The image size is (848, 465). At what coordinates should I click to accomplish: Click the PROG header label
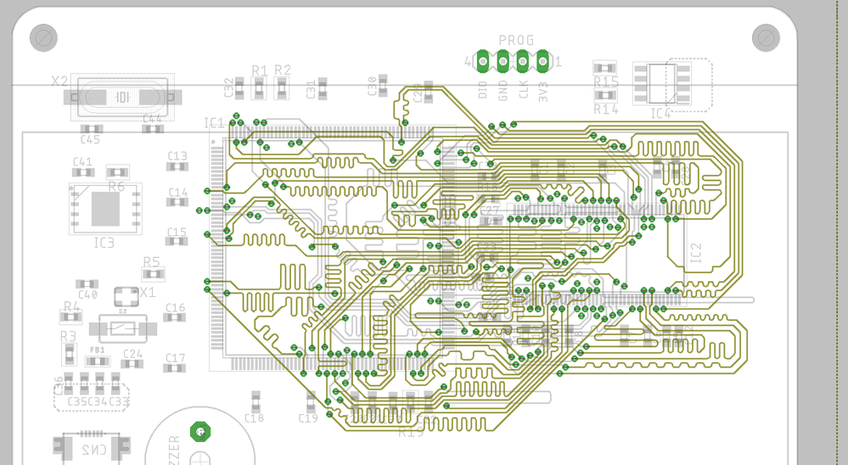(516, 40)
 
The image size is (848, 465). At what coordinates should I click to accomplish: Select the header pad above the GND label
(503, 61)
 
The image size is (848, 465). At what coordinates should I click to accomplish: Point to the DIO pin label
(483, 89)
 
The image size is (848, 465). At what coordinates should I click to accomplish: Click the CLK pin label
(523, 89)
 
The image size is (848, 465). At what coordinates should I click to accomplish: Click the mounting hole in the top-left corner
(43, 37)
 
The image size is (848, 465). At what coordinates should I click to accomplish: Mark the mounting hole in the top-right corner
(766, 37)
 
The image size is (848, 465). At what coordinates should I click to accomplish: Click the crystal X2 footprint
(123, 98)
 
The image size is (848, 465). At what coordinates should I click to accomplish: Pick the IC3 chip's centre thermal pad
(105, 208)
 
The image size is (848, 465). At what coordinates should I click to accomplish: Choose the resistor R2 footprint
(283, 87)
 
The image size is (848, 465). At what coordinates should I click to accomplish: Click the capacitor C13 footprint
(177, 167)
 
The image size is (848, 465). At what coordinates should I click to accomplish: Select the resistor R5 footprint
(152, 274)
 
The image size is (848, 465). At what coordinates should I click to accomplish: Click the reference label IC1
(215, 123)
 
